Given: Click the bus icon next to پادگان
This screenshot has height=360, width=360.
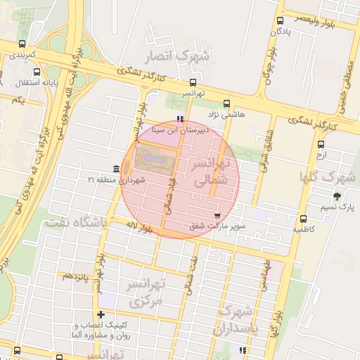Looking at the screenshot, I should pyautogui.click(x=281, y=20).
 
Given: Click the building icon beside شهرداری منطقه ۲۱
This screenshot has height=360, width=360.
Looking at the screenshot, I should pyautogui.click(x=115, y=169).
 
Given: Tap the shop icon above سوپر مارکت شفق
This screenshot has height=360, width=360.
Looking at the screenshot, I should pyautogui.click(x=217, y=215).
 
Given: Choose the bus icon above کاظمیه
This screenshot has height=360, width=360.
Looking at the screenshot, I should pyautogui.click(x=303, y=219).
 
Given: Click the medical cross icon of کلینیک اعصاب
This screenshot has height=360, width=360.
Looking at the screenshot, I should pyautogui.click(x=101, y=314).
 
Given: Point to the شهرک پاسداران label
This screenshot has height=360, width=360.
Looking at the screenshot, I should pyautogui.click(x=240, y=319).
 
